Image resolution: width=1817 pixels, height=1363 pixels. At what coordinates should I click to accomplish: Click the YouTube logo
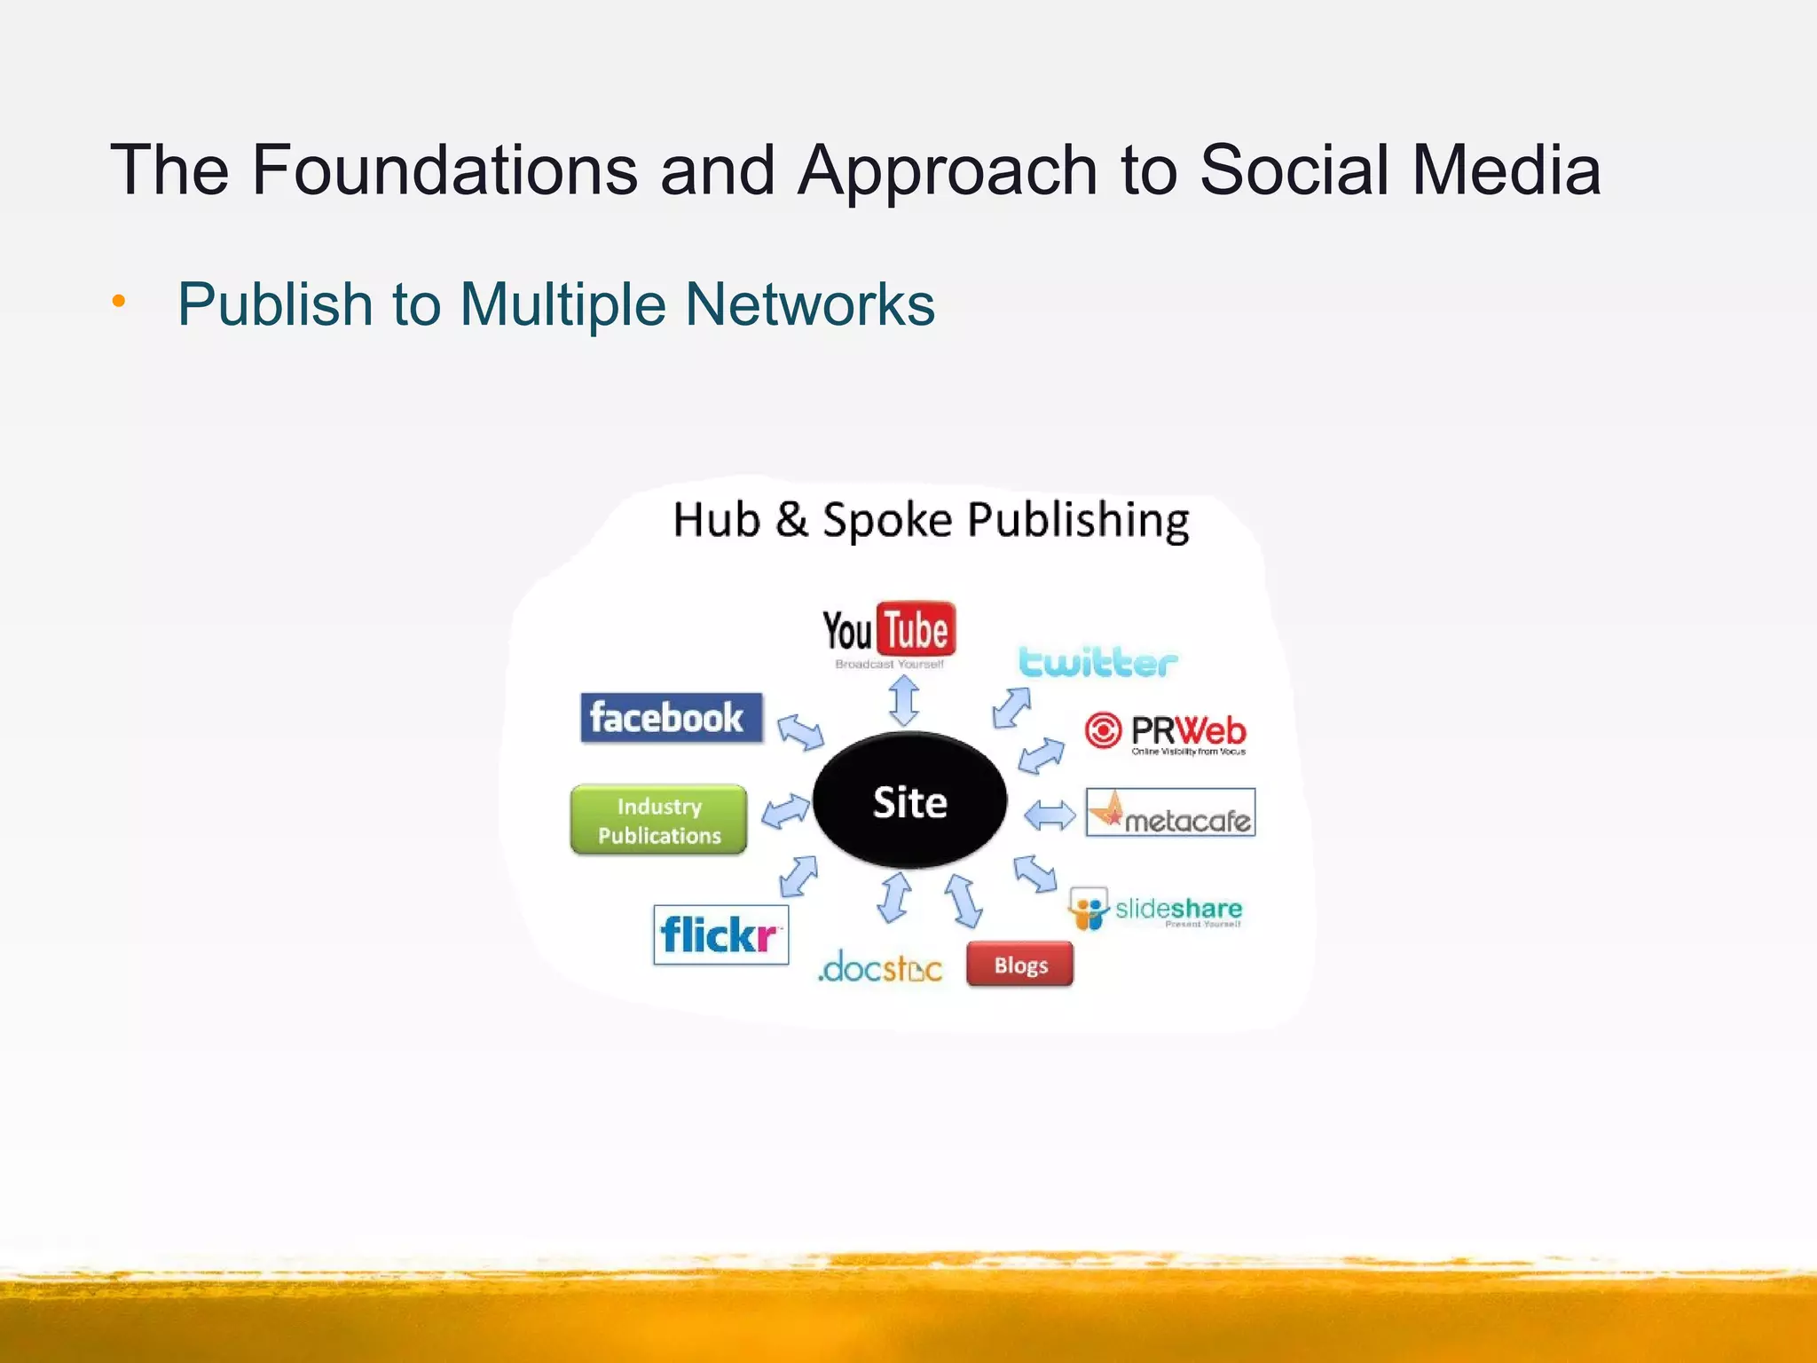(889, 632)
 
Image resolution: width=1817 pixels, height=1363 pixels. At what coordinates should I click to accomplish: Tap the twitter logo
(1098, 663)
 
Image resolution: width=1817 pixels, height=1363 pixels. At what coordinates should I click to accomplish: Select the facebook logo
(671, 718)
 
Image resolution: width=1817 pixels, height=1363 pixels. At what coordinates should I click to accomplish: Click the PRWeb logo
(1166, 733)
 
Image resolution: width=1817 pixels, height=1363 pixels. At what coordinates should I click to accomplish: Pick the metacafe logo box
(1170, 813)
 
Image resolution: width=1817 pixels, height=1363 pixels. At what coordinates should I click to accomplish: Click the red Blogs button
(1020, 965)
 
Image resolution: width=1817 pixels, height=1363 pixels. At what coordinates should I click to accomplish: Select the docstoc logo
(879, 968)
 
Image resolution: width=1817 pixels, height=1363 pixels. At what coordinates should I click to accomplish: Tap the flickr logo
(720, 934)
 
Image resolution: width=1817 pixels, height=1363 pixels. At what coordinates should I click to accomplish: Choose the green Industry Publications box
(658, 820)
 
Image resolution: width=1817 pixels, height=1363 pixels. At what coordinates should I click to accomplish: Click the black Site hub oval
(909, 801)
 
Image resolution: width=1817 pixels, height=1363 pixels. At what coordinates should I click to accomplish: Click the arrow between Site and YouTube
(904, 701)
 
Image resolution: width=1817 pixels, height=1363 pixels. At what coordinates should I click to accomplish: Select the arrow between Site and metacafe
(1050, 815)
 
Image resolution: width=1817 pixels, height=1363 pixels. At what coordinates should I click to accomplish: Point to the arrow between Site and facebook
(800, 733)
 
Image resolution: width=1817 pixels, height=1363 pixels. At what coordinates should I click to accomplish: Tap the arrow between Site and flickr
(798, 876)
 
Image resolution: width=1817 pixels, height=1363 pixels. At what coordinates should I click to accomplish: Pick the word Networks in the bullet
(810, 304)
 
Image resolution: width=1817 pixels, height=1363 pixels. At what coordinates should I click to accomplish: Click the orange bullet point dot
(119, 303)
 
